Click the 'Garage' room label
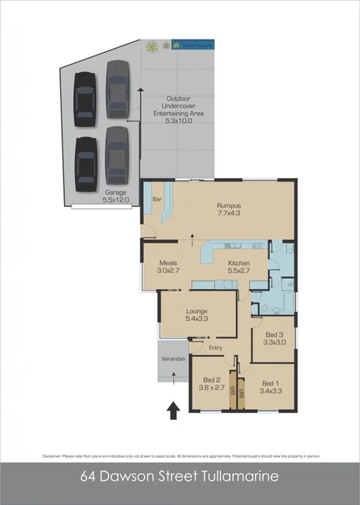pyautogui.click(x=116, y=193)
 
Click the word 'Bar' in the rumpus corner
pyautogui.click(x=158, y=199)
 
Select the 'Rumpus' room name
pyautogui.click(x=229, y=205)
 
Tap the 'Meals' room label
pyautogui.click(x=168, y=262)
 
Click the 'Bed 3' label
pyautogui.click(x=274, y=335)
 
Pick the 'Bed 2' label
pyautogui.click(x=212, y=380)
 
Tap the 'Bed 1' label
pyautogui.click(x=272, y=383)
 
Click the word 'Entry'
pyautogui.click(x=217, y=348)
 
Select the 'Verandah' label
pyautogui.click(x=172, y=359)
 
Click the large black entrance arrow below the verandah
pyautogui.click(x=174, y=411)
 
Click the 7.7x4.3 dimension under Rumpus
pyautogui.click(x=229, y=214)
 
